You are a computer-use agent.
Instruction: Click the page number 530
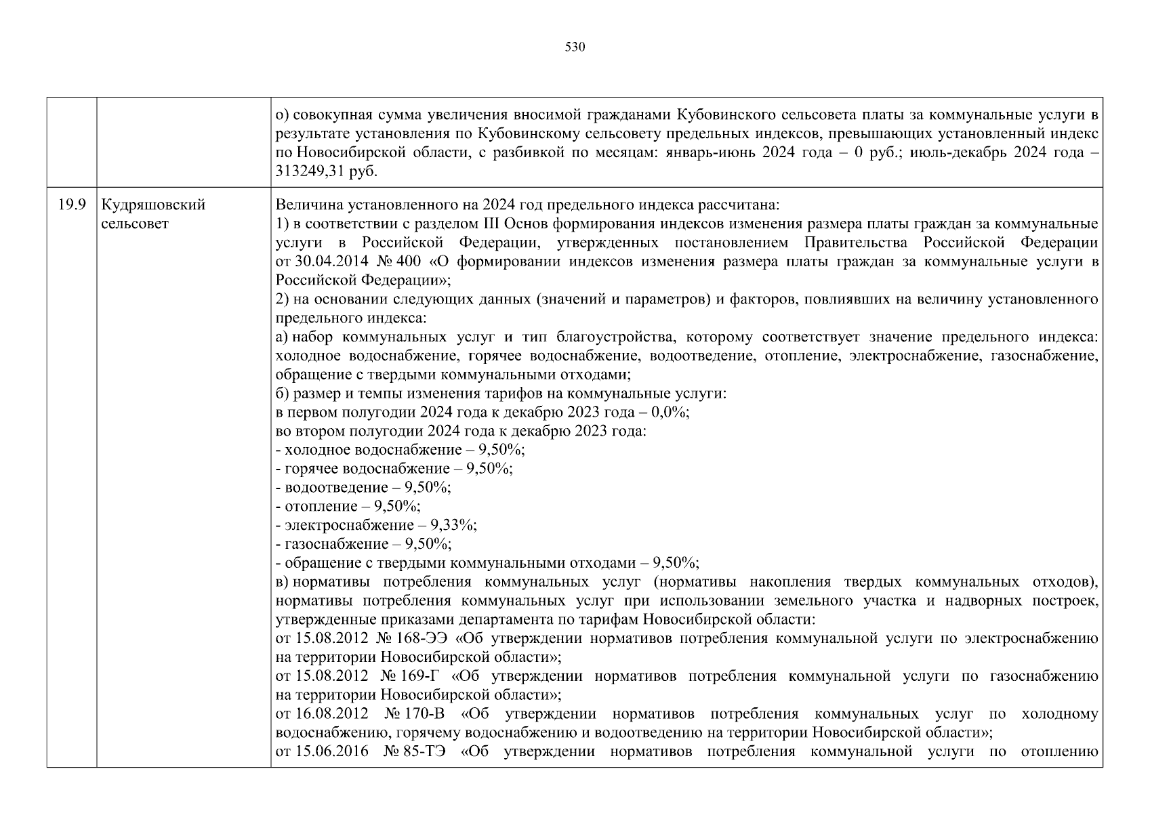click(x=575, y=47)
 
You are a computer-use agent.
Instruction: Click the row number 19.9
click(x=71, y=205)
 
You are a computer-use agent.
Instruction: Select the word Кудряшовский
click(x=153, y=205)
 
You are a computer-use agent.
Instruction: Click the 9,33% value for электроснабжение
click(x=458, y=525)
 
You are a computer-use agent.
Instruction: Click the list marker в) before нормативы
click(x=283, y=582)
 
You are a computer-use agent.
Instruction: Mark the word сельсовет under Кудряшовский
click(x=134, y=224)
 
